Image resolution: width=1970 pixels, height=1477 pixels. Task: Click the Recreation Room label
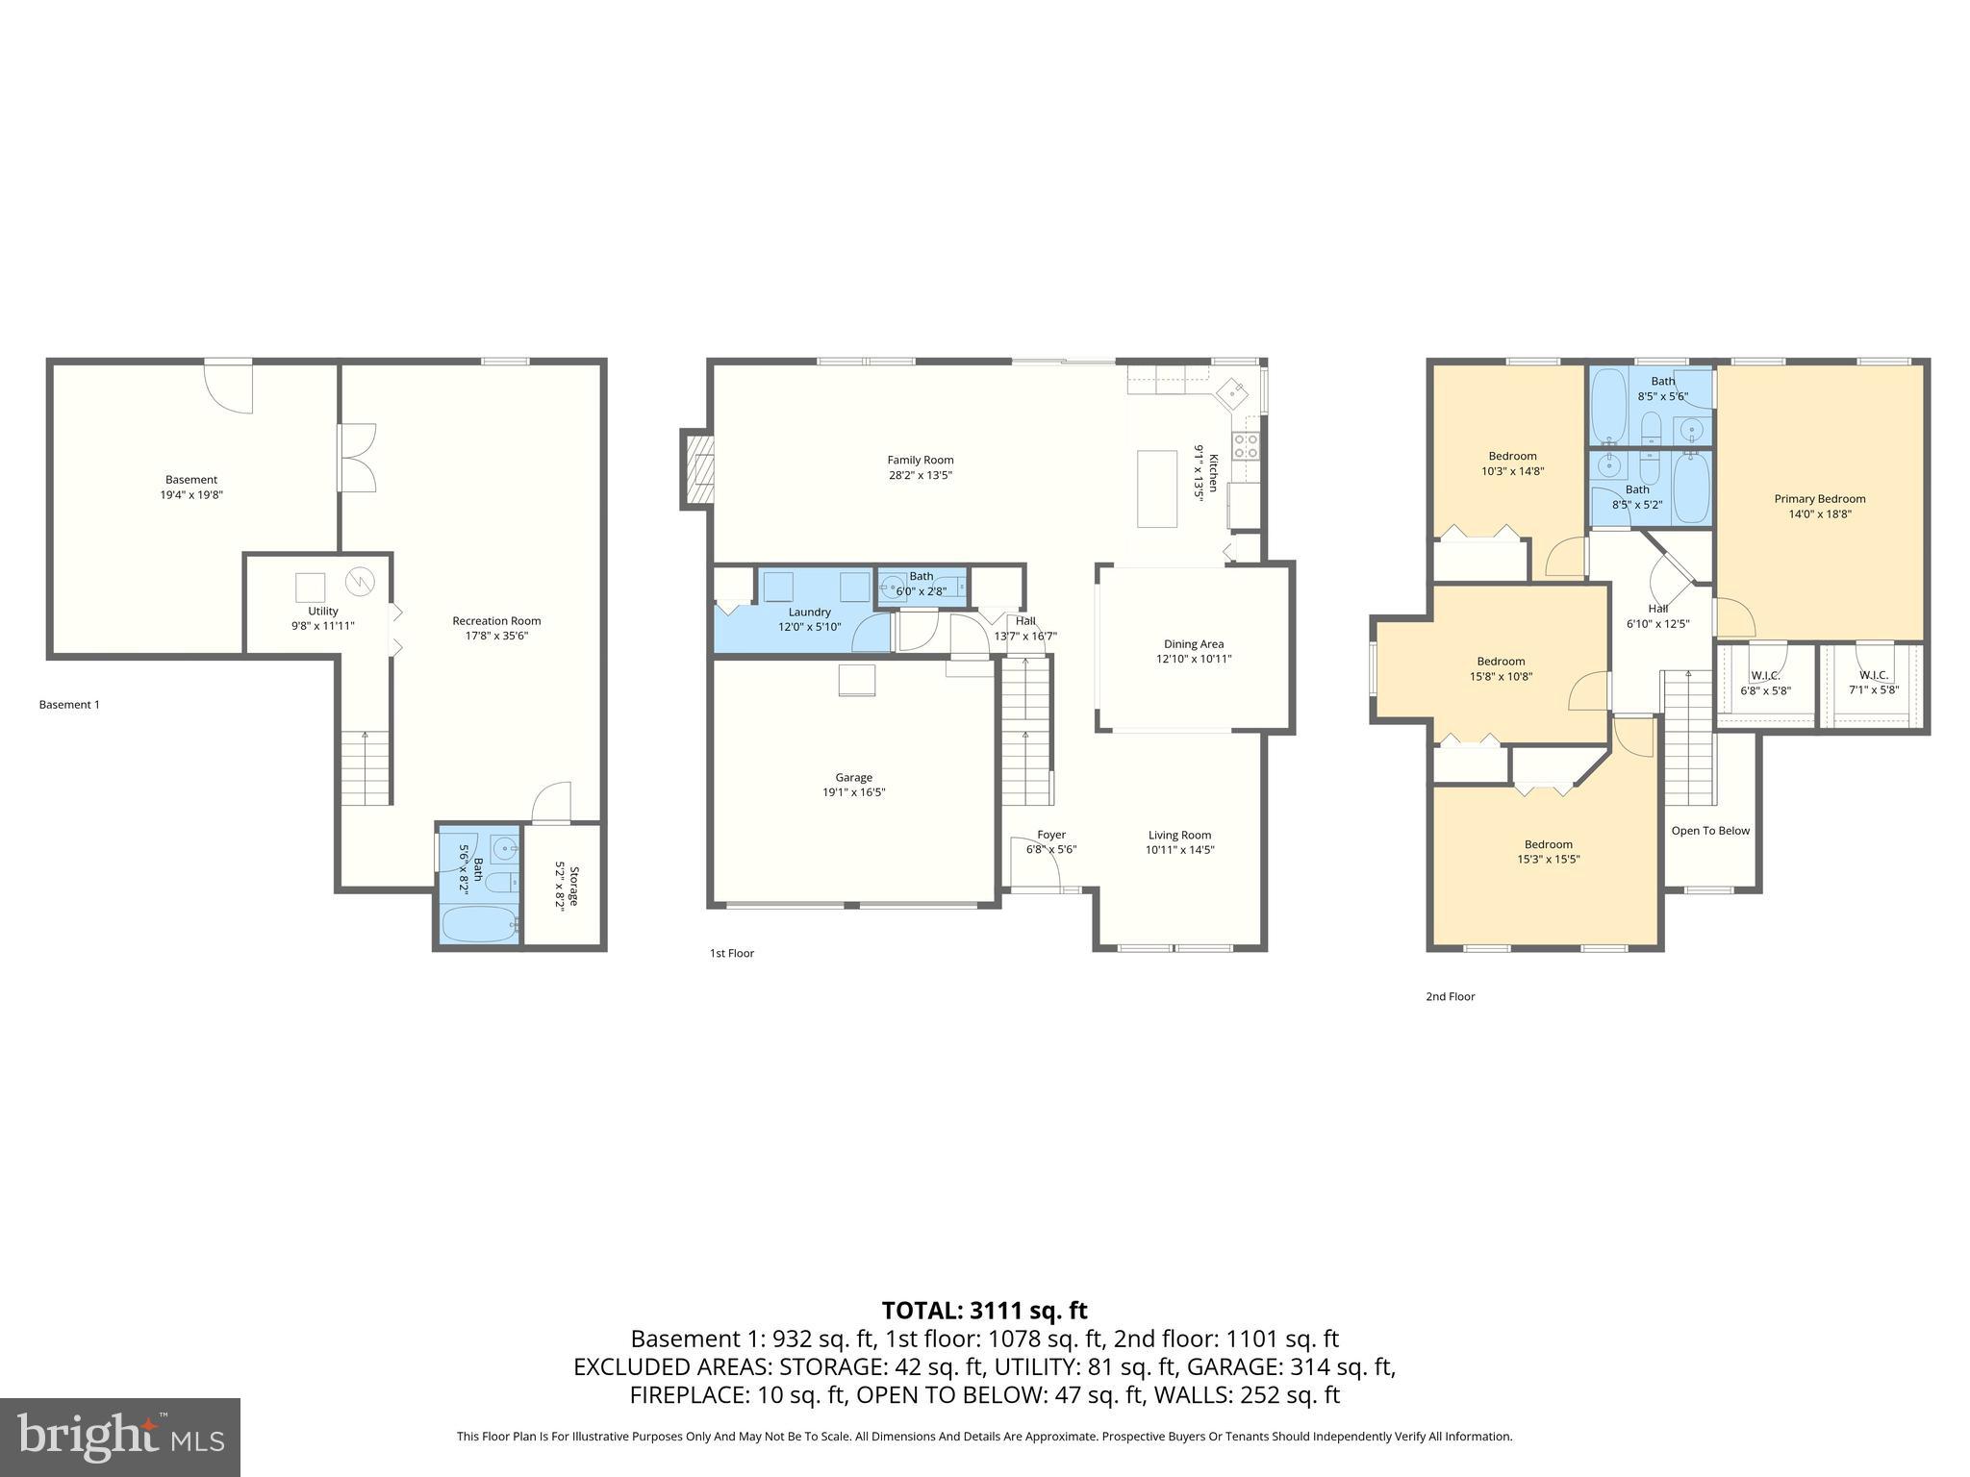(x=496, y=620)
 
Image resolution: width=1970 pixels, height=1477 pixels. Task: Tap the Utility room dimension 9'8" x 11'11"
(x=323, y=626)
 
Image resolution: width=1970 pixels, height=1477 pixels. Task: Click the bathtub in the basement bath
(x=478, y=925)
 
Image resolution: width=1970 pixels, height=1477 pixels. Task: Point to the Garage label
(x=853, y=777)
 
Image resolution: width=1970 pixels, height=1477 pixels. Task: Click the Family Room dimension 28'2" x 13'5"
(x=920, y=475)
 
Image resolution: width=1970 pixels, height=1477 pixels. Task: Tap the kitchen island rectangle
(x=1156, y=488)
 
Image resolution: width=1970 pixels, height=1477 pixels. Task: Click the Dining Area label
(x=1193, y=644)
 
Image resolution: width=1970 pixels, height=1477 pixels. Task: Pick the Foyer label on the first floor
(x=1050, y=835)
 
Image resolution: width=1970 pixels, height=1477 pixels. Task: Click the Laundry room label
(x=809, y=612)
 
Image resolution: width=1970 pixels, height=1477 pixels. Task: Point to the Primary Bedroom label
(x=1819, y=499)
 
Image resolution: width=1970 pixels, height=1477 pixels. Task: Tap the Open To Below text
(x=1710, y=831)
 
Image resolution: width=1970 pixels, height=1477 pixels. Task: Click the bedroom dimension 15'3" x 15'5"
(x=1548, y=860)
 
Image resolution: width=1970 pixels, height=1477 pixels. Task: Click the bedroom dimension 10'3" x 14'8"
(x=1512, y=471)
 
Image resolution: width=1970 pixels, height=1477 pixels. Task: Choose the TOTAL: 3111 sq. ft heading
(x=984, y=1311)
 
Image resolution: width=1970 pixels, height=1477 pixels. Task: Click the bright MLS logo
(x=120, y=1437)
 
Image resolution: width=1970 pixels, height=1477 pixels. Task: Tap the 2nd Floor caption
(x=1450, y=996)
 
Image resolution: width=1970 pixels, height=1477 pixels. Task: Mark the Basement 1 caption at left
(x=69, y=705)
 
